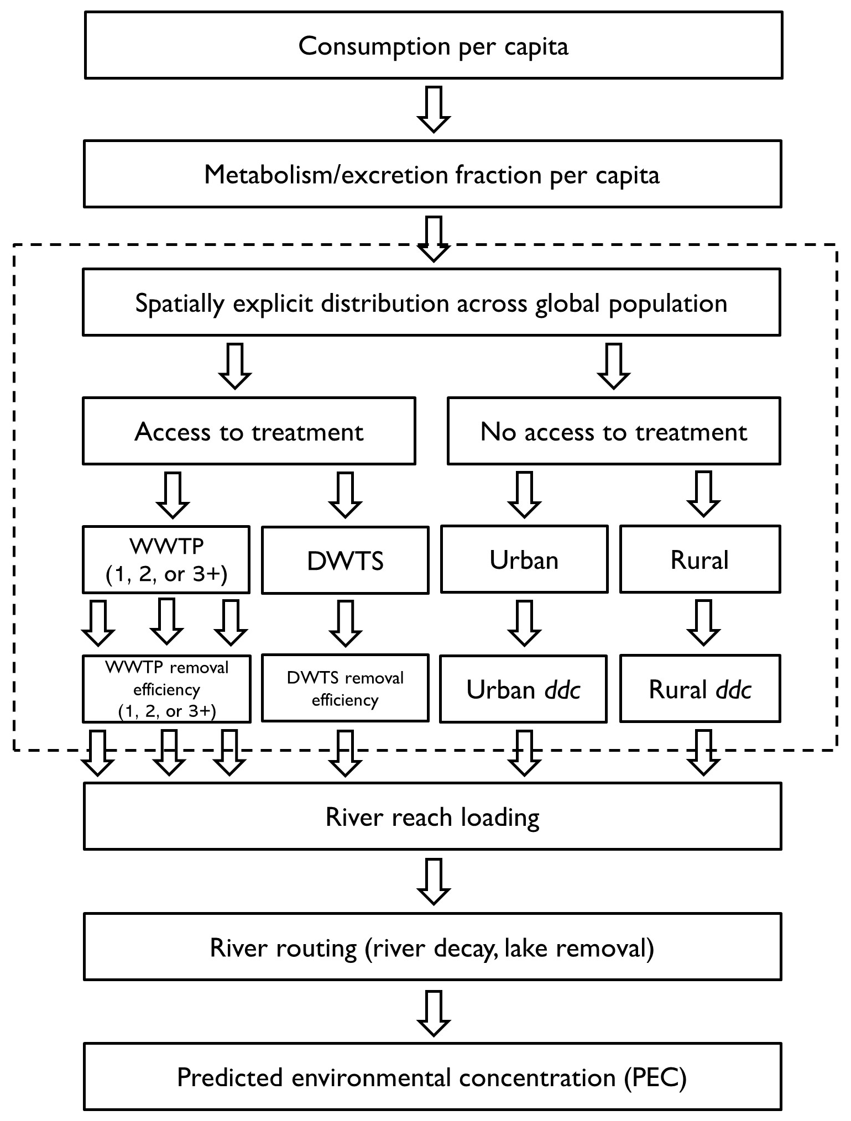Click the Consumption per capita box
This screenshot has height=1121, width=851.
(433, 45)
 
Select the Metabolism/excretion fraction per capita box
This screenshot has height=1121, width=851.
(432, 174)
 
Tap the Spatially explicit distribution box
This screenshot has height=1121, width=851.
(431, 302)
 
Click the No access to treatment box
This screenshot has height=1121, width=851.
(613, 431)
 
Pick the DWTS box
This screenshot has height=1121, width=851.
(345, 560)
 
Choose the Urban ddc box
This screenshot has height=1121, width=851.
(523, 689)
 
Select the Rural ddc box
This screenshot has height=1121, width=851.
(699, 689)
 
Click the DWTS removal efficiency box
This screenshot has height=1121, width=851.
(345, 689)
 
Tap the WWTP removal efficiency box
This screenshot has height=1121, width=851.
(166, 689)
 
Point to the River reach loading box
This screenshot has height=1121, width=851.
(432, 817)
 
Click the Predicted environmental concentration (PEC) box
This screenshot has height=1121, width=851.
(432, 1077)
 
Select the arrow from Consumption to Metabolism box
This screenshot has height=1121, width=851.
(433, 109)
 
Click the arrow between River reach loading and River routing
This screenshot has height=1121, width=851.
(433, 881)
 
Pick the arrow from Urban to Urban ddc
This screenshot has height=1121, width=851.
(524, 624)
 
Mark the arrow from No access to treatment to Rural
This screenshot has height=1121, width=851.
(703, 494)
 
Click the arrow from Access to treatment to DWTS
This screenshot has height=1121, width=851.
(345, 494)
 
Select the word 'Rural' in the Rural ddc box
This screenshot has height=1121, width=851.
(677, 689)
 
